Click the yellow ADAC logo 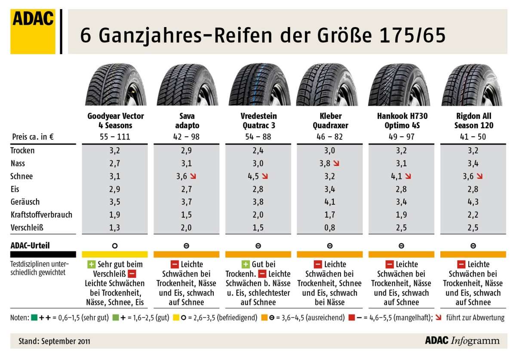coord(33,32)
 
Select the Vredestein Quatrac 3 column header coord(258,120)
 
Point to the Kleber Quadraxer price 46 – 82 coord(330,138)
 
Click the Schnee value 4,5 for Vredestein coord(255,176)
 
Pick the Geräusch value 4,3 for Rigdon coord(473,201)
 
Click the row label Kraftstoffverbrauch coord(41,214)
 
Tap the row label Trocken coord(22,151)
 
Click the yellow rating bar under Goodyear coord(115,254)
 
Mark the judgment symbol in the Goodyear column coord(115,246)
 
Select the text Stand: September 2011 coord(54,342)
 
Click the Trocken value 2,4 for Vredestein coord(258,151)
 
